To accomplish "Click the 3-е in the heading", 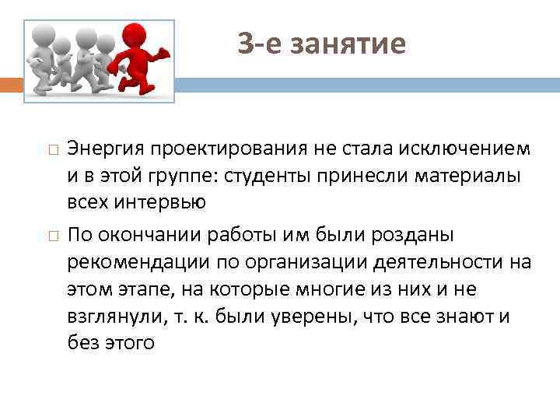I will [x=257, y=44].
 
